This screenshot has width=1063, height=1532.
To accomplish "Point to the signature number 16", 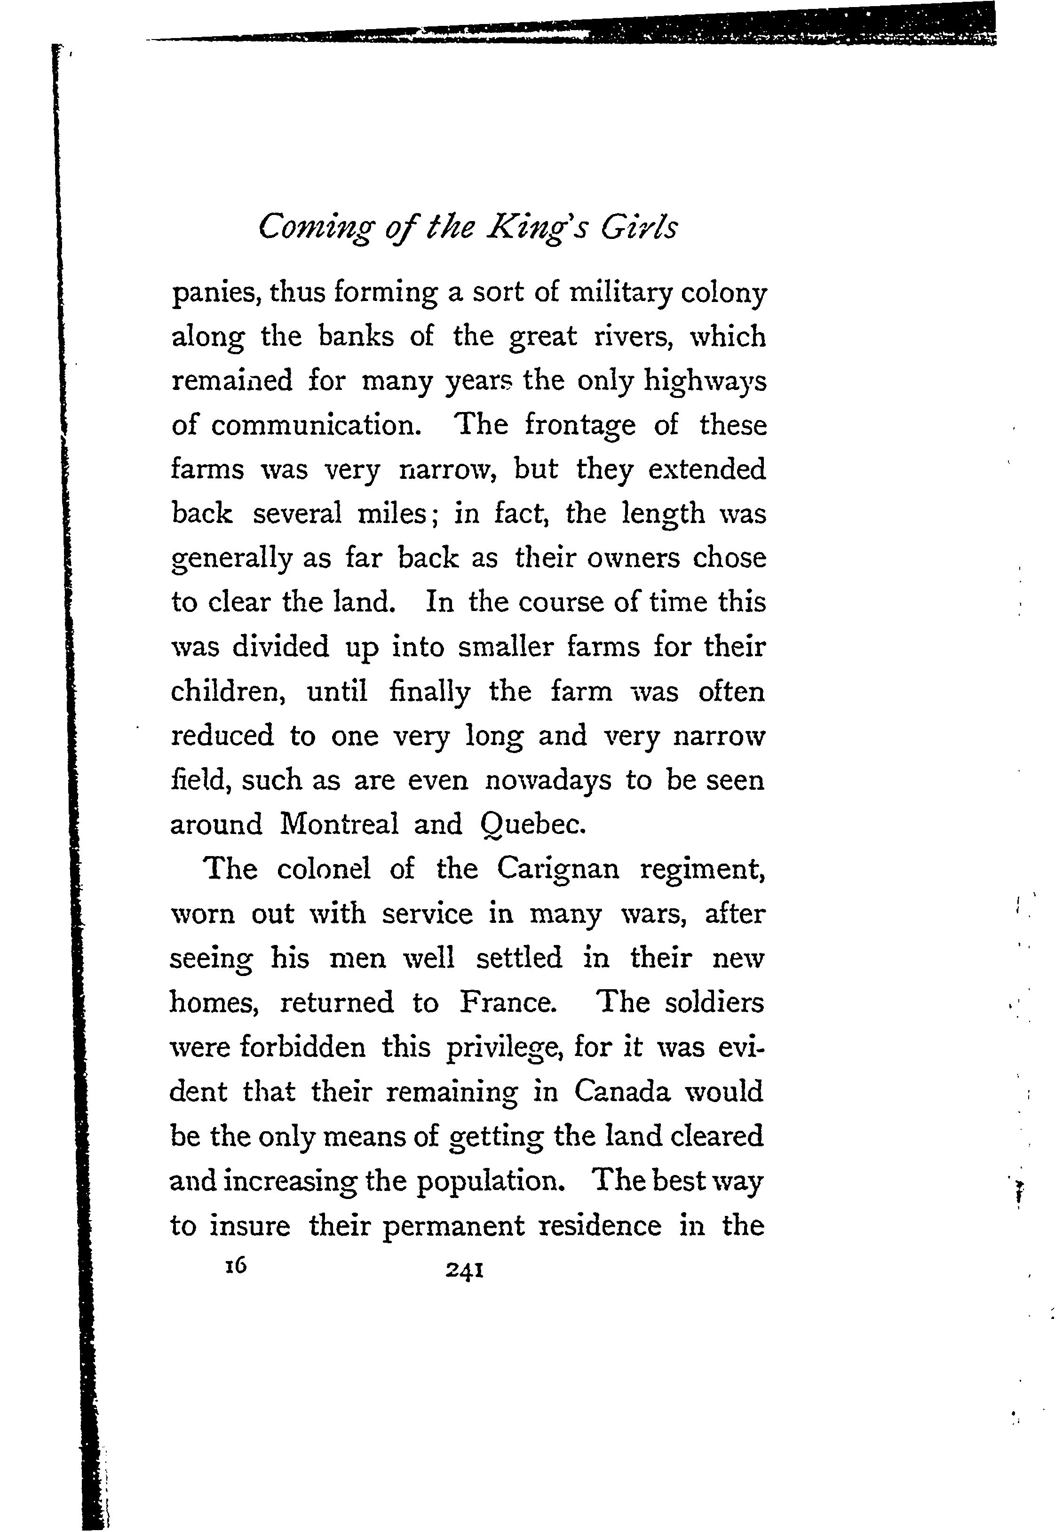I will tap(235, 1266).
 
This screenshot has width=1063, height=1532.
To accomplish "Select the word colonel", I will tap(323, 869).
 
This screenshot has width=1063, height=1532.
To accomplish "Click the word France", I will tap(508, 1002).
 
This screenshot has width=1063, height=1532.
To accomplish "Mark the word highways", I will tap(705, 381).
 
